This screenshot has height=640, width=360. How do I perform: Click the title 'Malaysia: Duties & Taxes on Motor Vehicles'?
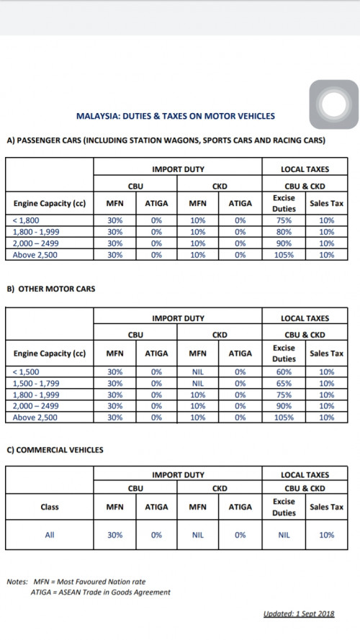click(x=176, y=115)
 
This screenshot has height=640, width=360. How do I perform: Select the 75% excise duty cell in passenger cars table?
click(x=284, y=221)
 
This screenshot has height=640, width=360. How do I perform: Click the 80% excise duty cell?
click(x=284, y=232)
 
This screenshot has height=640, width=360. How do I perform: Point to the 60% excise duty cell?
click(x=284, y=371)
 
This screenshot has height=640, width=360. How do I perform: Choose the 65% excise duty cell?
click(x=284, y=383)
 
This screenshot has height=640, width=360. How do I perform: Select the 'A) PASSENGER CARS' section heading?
click(x=166, y=140)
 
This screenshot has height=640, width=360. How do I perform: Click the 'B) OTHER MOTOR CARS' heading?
click(x=50, y=289)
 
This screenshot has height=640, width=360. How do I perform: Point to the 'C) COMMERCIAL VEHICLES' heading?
click(x=55, y=450)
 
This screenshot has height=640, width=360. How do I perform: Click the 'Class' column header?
click(x=50, y=507)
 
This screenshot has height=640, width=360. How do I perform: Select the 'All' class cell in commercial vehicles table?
click(x=50, y=535)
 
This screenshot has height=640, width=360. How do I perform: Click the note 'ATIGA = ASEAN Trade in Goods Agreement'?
click(x=101, y=592)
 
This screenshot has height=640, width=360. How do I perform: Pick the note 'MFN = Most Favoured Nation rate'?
click(x=89, y=581)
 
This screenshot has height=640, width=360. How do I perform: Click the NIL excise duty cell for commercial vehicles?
click(x=284, y=535)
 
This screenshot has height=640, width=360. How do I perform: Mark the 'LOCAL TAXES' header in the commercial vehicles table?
click(x=305, y=475)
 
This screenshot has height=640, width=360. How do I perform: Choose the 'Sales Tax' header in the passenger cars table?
click(x=326, y=204)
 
